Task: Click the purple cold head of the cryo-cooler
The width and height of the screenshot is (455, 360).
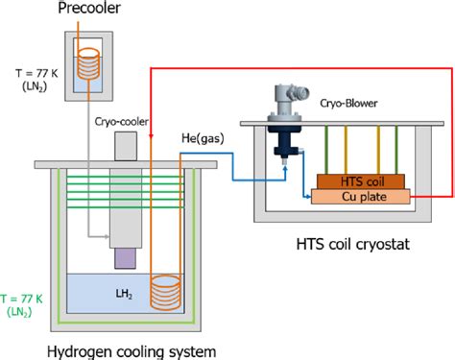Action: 127,257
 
